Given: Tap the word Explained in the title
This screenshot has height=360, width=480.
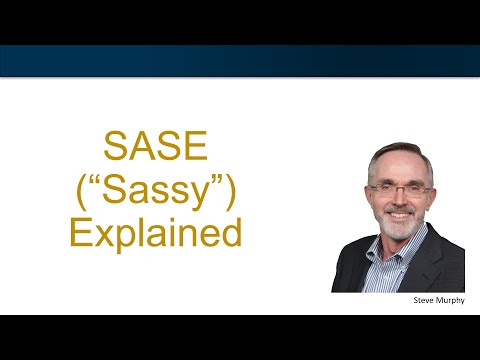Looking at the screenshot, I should [x=155, y=233].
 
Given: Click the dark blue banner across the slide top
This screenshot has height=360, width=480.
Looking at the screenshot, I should [x=240, y=60].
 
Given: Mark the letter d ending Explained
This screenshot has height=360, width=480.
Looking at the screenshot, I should [x=233, y=232].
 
